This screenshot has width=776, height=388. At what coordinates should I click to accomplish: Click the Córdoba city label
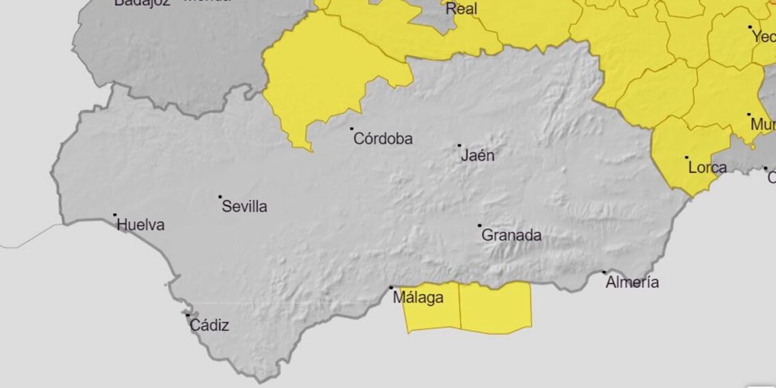tap(383, 139)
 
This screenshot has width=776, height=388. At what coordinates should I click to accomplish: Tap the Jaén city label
tap(478, 156)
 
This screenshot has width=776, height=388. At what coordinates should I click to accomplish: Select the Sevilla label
tap(245, 207)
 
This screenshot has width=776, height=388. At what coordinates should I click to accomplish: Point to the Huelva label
tap(141, 225)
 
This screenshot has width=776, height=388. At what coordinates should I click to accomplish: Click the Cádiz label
tap(209, 325)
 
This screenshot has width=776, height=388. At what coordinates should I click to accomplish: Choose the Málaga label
tap(419, 298)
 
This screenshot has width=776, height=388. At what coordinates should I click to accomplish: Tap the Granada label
tap(512, 236)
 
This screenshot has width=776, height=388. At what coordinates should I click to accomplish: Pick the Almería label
tap(632, 282)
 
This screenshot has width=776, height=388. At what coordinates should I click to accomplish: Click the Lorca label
tap(707, 167)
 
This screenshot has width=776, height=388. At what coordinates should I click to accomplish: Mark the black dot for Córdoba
tap(352, 129)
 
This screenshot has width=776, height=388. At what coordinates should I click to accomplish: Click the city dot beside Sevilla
tap(220, 197)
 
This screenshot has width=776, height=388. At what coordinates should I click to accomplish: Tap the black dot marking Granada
tap(479, 225)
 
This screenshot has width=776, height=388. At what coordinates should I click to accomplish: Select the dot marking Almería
tap(604, 272)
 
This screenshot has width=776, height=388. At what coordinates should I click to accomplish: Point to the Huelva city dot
tap(115, 215)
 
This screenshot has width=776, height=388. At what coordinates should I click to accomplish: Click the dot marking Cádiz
tap(188, 314)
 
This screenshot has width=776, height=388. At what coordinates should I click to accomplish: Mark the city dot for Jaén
tap(459, 146)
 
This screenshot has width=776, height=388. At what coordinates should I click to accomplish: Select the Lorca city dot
tap(686, 157)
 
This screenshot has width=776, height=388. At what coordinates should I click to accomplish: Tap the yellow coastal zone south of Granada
tap(495, 308)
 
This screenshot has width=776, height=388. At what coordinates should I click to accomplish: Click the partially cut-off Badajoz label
tap(142, 3)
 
